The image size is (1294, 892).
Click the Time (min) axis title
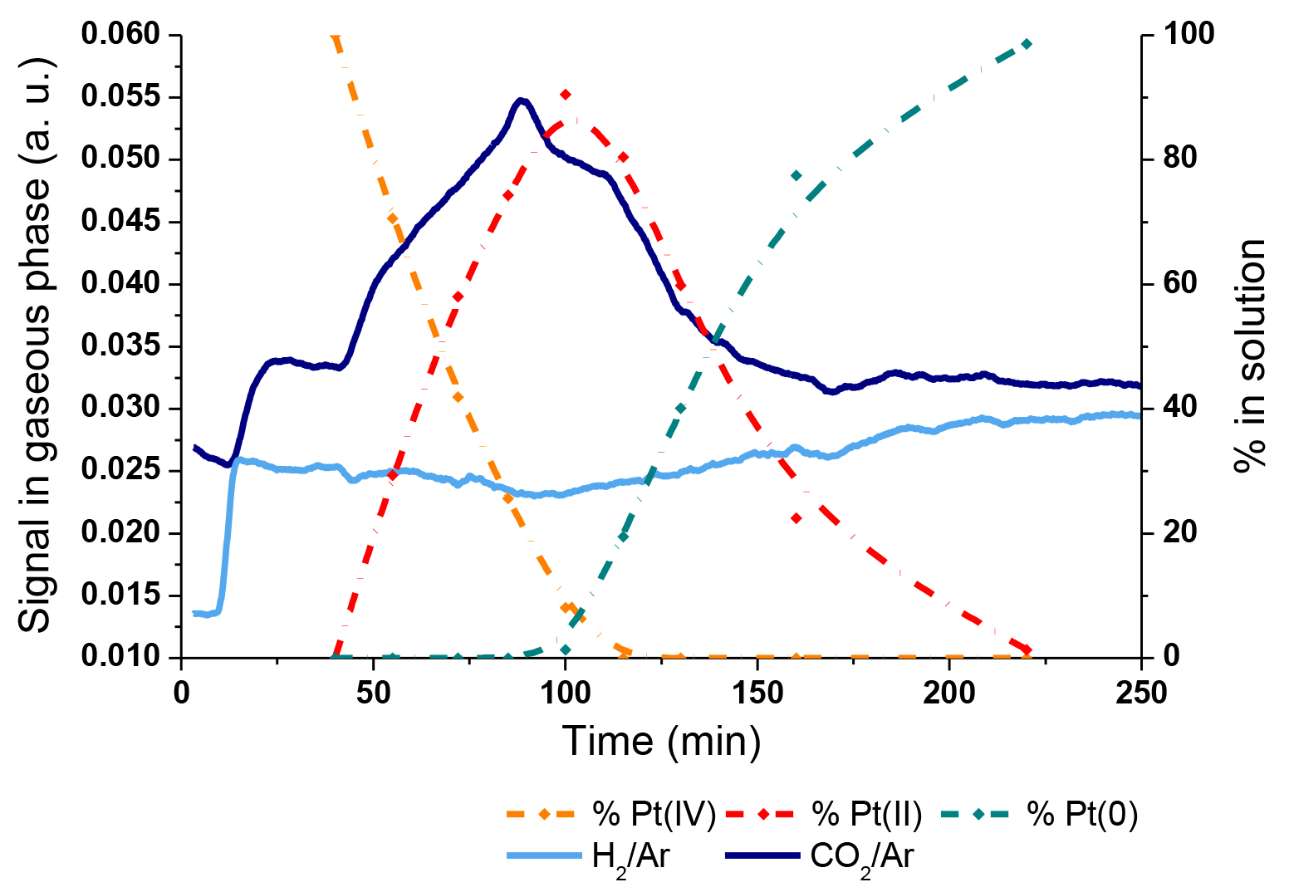662,741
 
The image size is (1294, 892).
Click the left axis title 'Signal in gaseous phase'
35,345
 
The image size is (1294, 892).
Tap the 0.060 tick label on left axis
120,35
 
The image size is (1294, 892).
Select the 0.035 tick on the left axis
120,346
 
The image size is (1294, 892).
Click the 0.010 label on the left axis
120,657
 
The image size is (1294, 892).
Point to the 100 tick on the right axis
1189,35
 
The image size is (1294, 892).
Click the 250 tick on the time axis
1141,694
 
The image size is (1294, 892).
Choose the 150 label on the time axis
757,694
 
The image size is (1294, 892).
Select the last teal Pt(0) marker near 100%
1027,44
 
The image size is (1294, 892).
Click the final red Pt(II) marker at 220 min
1027,649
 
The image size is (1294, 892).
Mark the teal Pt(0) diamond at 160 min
796,175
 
